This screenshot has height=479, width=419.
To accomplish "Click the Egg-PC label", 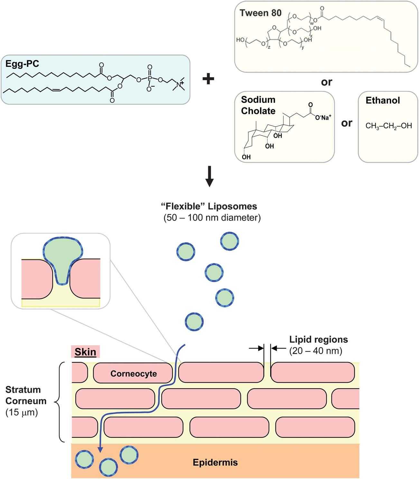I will pyautogui.click(x=22, y=64).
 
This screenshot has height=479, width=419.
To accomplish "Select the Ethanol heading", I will pyautogui.click(x=383, y=100).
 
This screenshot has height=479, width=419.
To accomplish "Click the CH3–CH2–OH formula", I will pyautogui.click(x=388, y=126).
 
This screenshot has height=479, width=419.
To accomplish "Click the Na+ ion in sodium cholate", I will pyautogui.click(x=323, y=118).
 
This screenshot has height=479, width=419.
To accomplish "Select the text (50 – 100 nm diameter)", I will pyautogui.click(x=211, y=218).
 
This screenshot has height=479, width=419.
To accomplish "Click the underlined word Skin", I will pyautogui.click(x=85, y=352).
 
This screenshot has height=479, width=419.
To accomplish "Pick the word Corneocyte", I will pyautogui.click(x=134, y=373).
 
